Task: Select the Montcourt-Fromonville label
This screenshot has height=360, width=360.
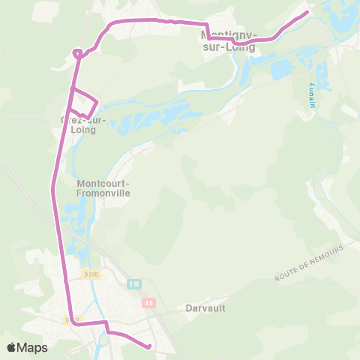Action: (x=103, y=187)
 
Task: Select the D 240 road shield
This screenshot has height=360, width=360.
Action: (x=92, y=274)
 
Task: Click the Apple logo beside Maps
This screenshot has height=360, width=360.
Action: (x=12, y=347)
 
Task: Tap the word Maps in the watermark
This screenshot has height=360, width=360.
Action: (x=33, y=347)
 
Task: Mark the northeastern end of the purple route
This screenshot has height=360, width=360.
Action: (x=307, y=11)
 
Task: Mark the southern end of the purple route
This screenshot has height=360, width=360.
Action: (x=149, y=346)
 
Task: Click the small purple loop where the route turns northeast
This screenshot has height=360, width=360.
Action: (x=77, y=52)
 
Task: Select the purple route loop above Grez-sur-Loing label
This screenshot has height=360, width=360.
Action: (x=85, y=103)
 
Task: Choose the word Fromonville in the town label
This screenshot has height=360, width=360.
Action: (x=104, y=192)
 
